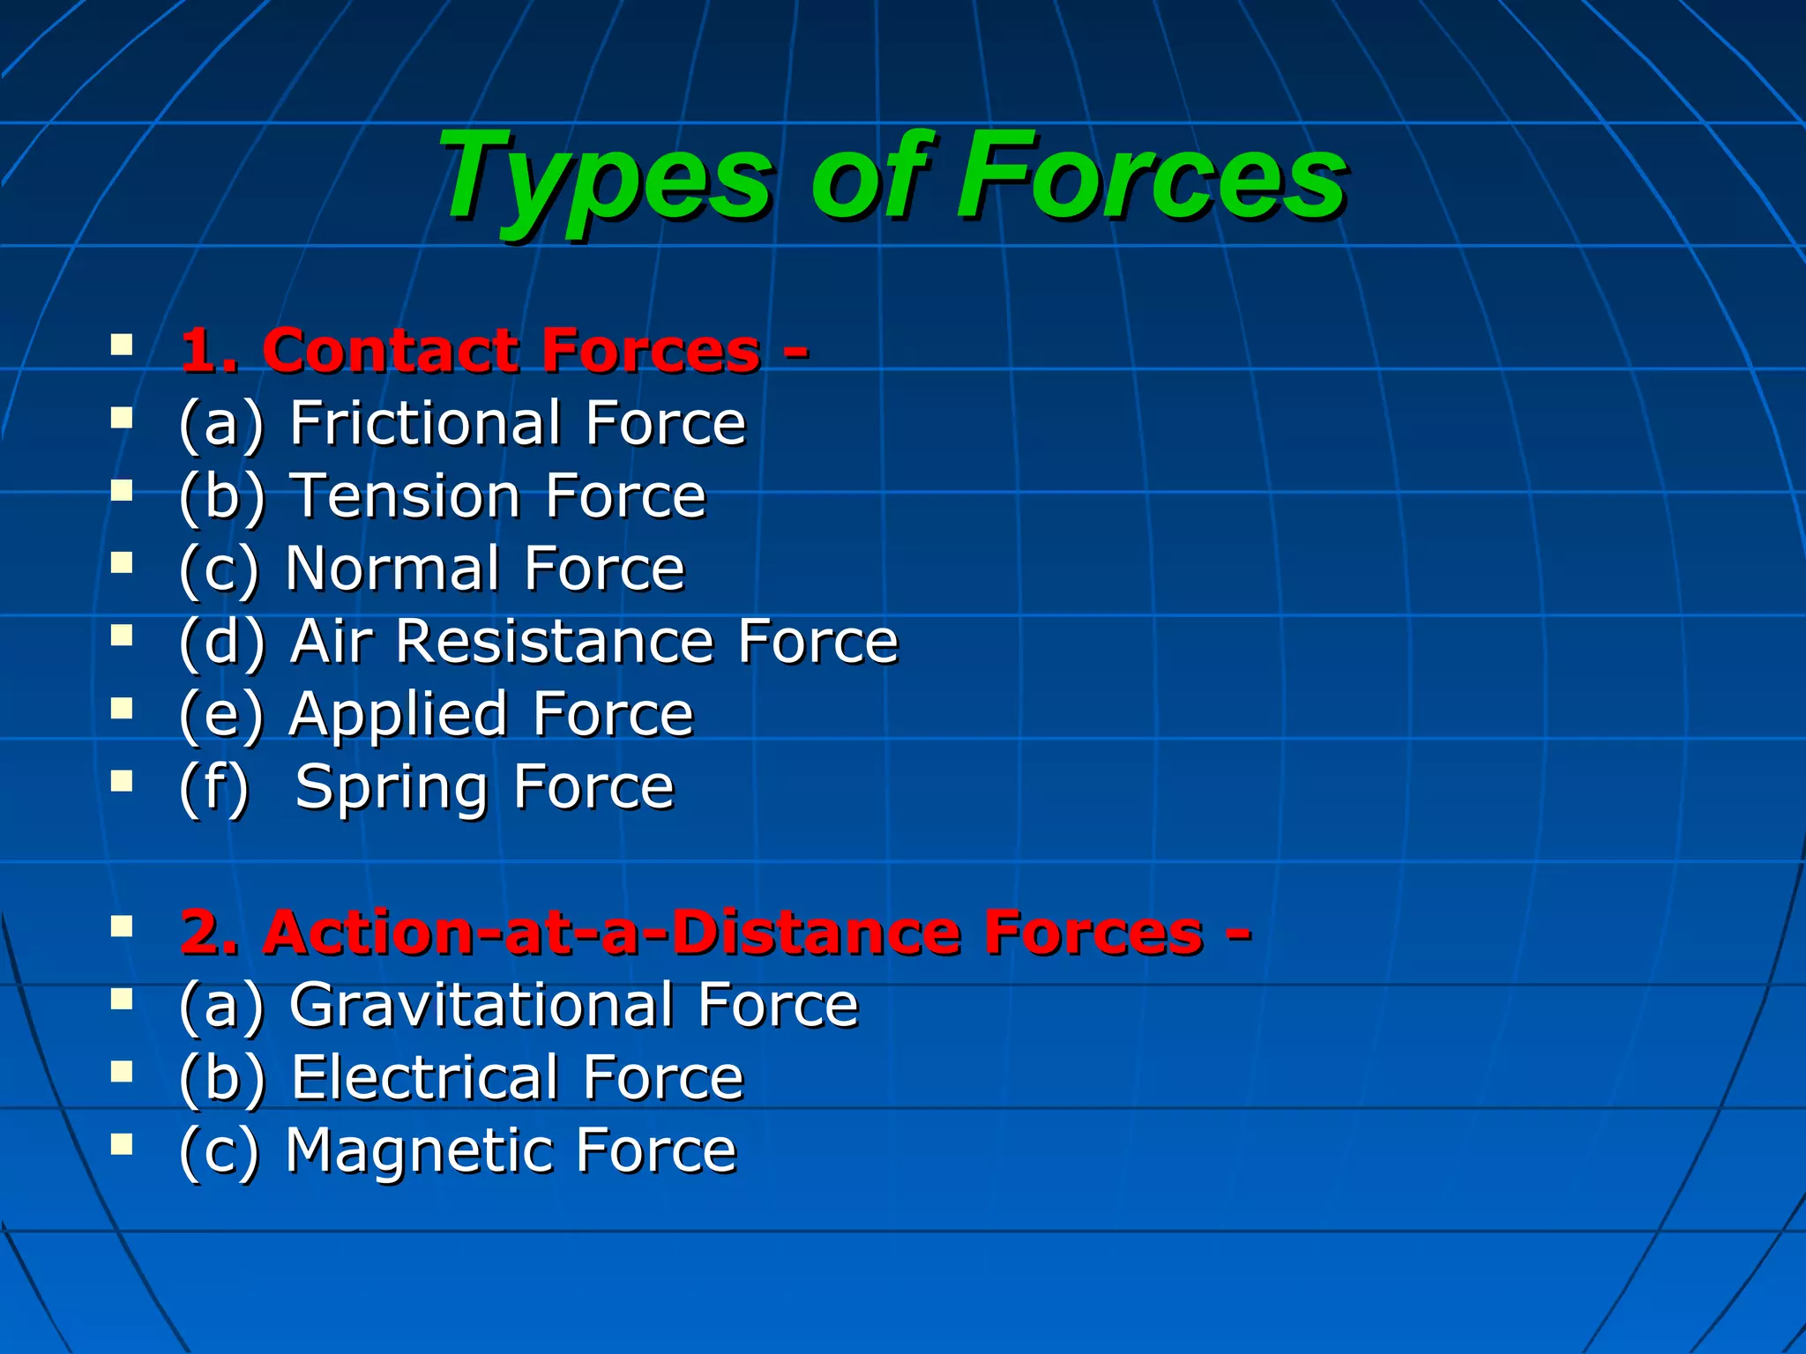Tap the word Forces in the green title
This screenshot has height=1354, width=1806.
click(x=1152, y=176)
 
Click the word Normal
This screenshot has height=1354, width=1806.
click(x=396, y=569)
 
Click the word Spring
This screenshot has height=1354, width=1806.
click(x=392, y=787)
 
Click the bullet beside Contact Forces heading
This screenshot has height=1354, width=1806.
click(x=122, y=344)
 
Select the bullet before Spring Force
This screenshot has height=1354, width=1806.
click(x=122, y=780)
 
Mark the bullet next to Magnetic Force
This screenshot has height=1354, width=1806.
click(x=122, y=1144)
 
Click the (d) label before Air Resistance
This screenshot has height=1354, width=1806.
click(x=221, y=643)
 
